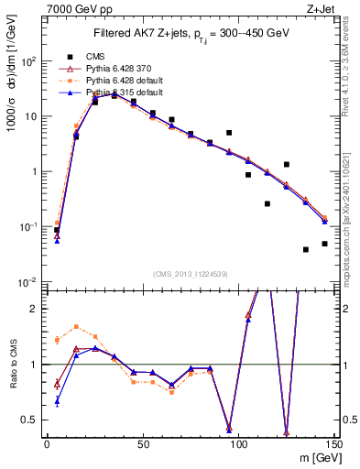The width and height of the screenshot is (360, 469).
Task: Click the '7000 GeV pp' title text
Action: click(x=78, y=8)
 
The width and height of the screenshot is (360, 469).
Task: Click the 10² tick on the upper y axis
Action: click(x=29, y=61)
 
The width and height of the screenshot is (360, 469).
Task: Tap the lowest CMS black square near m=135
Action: click(x=306, y=249)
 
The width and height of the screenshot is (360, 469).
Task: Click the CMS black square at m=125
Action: click(x=287, y=165)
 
